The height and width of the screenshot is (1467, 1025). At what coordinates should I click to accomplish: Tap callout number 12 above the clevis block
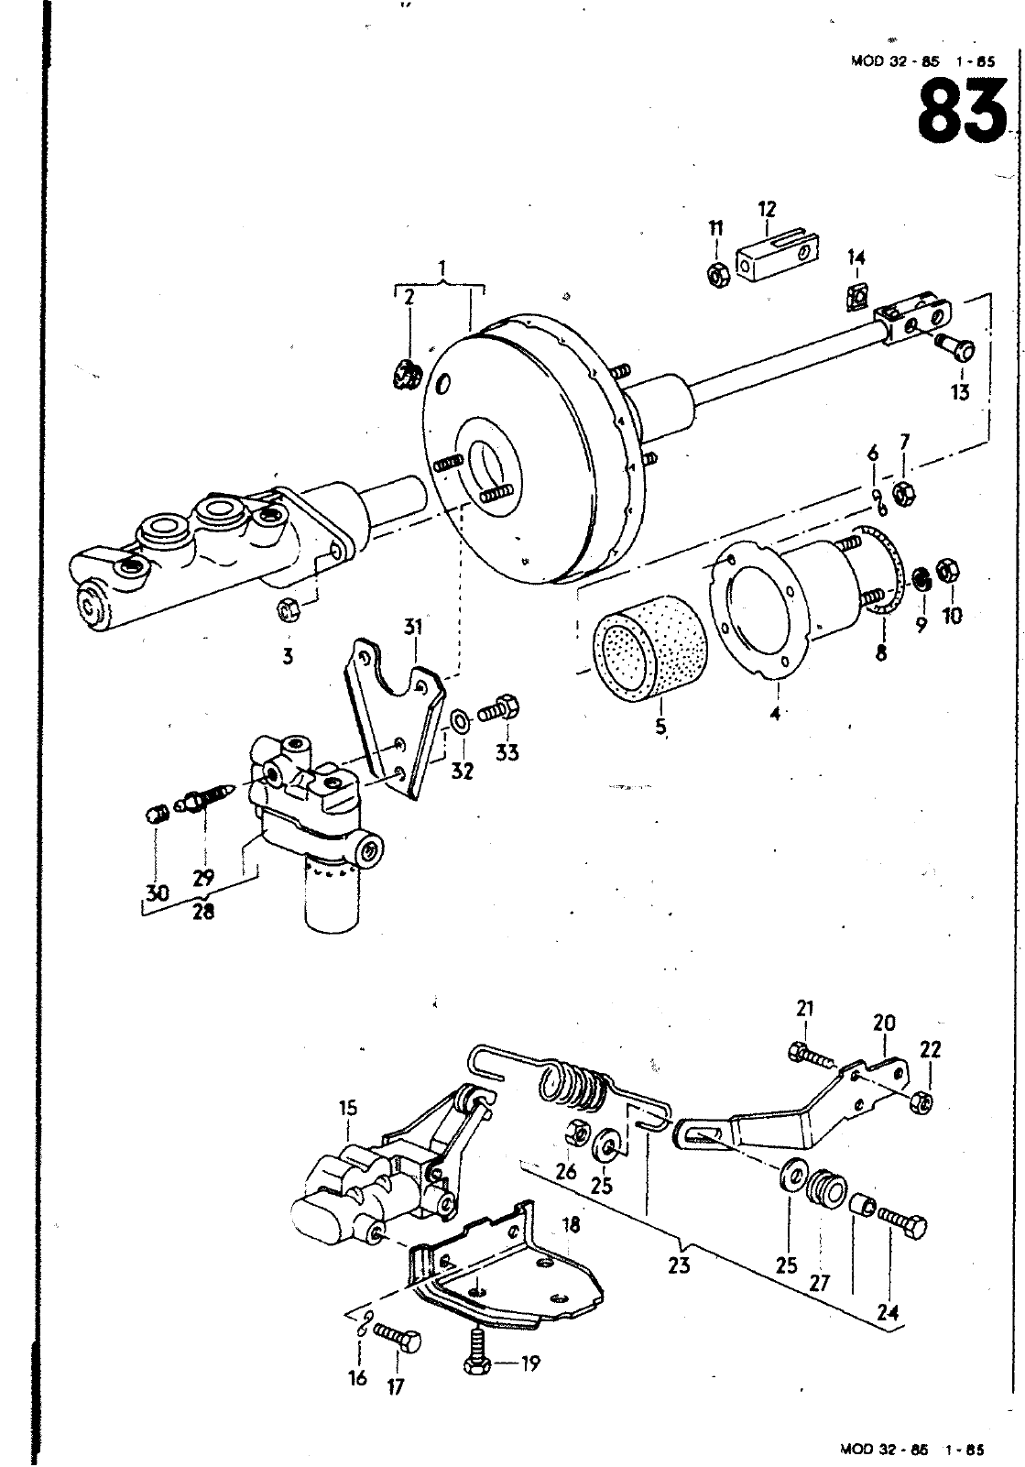pos(767,210)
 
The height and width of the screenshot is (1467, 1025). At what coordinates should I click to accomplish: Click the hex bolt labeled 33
pos(500,708)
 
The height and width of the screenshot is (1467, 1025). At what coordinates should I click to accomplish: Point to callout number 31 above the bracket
pos(412,627)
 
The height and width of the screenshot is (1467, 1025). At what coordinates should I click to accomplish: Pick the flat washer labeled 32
pos(461,723)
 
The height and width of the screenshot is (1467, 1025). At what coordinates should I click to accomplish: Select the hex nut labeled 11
pos(718,276)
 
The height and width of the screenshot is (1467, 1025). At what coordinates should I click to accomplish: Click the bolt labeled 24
pos(902,1221)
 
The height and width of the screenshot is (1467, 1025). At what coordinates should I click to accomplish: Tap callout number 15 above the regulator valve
pos(348,1108)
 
